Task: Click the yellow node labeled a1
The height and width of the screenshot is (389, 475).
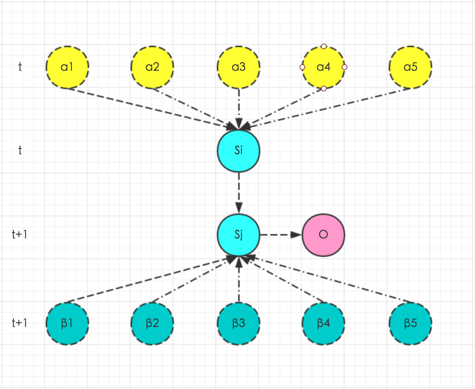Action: coord(67,67)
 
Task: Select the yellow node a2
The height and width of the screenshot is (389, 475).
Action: coord(152,67)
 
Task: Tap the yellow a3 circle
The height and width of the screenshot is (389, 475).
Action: coord(239,67)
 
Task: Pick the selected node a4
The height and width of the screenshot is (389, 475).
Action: coord(323,67)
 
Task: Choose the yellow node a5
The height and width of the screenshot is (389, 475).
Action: coord(410,67)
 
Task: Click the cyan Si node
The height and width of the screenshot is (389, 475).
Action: coord(239,150)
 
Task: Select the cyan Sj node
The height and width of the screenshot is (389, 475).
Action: coord(239,235)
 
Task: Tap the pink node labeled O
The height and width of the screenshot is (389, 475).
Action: coord(323,235)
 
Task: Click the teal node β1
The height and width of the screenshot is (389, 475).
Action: coord(67,323)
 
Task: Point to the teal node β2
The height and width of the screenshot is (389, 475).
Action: coord(152,323)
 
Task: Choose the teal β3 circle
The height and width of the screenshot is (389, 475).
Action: coord(239,323)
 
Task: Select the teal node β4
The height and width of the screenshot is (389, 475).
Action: coord(323,323)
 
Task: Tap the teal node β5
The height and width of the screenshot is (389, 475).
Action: coord(410,323)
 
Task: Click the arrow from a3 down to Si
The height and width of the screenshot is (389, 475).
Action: coord(239,107)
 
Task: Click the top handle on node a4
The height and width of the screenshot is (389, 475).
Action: coord(323,46)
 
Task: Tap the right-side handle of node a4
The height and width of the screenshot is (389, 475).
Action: coord(344,67)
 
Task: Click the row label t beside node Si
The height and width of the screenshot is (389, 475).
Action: coord(20,150)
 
